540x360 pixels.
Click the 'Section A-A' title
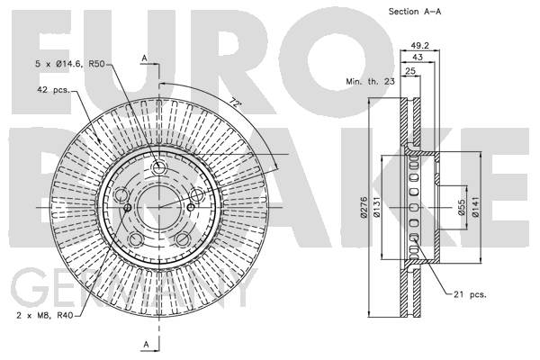(x=415, y=12)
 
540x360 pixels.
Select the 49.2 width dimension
(x=419, y=46)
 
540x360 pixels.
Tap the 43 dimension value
(x=417, y=58)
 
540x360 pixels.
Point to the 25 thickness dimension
(x=410, y=71)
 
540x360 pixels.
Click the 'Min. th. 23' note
(x=370, y=82)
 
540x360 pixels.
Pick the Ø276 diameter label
(x=364, y=207)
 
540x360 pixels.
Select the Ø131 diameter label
(x=376, y=207)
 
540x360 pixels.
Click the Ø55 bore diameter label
(x=462, y=207)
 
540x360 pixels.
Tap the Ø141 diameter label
(x=475, y=207)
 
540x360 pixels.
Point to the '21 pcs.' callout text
(x=470, y=294)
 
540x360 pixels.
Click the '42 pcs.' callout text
(x=53, y=90)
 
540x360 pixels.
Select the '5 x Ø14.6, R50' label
(x=70, y=64)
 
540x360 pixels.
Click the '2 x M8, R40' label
(x=45, y=315)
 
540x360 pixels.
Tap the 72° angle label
(x=235, y=103)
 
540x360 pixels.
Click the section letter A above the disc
(x=145, y=58)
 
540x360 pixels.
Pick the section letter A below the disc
(x=147, y=344)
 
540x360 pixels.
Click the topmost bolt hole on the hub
(x=158, y=168)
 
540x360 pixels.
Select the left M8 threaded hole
(x=128, y=207)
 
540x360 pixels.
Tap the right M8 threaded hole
(x=191, y=207)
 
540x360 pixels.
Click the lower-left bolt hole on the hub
(x=137, y=239)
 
